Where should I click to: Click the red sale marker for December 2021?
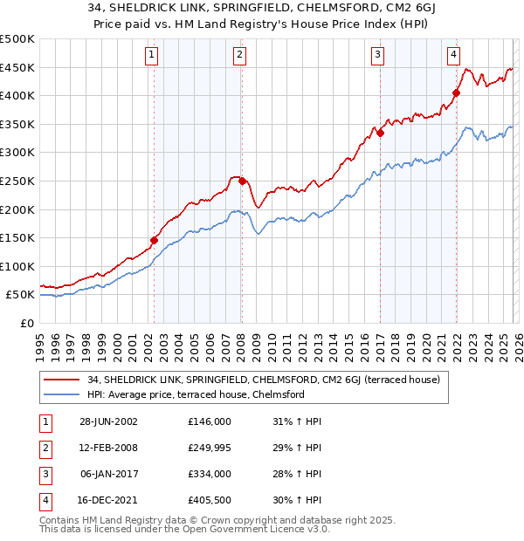[456, 92]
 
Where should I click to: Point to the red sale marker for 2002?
[155, 240]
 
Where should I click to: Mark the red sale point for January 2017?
[381, 134]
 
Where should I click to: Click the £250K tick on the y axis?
[17, 181]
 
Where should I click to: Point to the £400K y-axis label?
[17, 95]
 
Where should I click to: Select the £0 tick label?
[26, 323]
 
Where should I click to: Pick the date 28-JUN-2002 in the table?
[109, 421]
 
